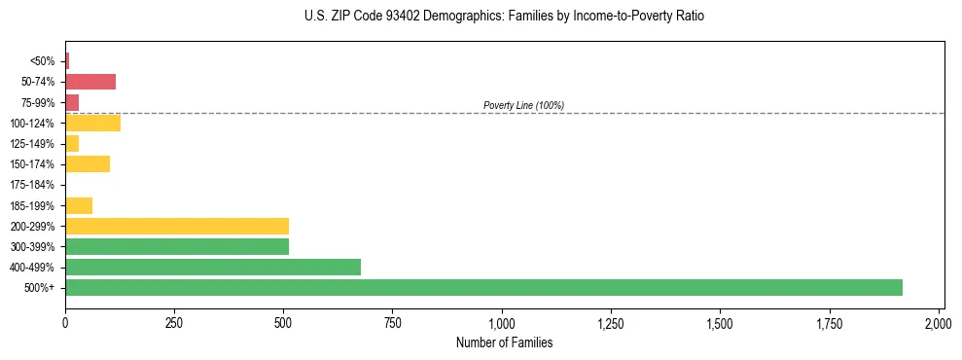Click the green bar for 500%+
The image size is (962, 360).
pyautogui.click(x=483, y=287)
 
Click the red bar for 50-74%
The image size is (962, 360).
pyautogui.click(x=90, y=82)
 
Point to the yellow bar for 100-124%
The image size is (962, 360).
pyautogui.click(x=92, y=123)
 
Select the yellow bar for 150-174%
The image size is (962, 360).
pyautogui.click(x=88, y=163)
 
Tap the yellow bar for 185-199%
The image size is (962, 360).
pyautogui.click(x=79, y=205)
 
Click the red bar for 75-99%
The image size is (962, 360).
pyautogui.click(x=72, y=102)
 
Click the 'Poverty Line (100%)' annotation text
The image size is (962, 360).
pyautogui.click(x=523, y=105)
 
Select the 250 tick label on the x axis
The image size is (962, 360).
pyautogui.click(x=174, y=322)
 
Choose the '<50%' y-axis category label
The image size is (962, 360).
pyautogui.click(x=43, y=61)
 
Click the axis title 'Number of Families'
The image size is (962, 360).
pyautogui.click(x=503, y=342)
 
